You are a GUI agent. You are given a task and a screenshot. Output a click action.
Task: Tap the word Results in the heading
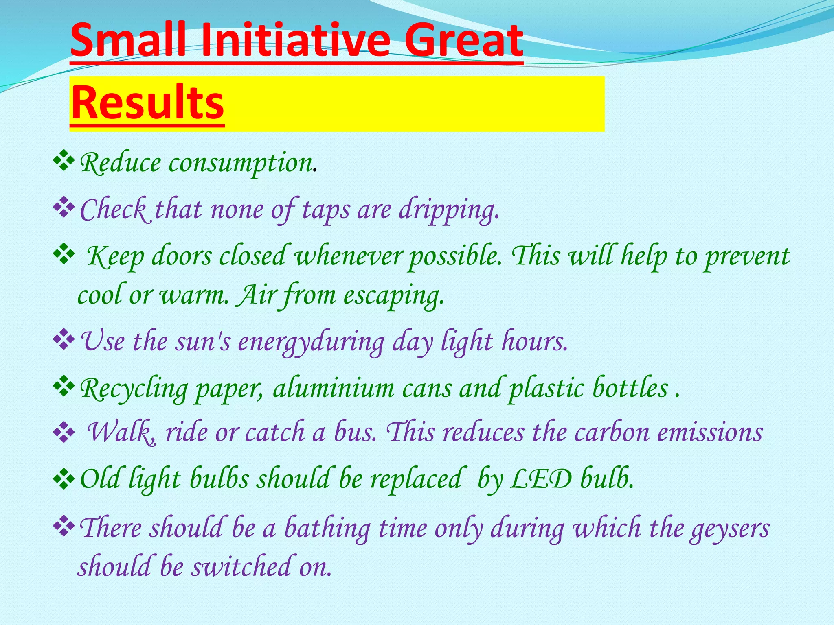147,103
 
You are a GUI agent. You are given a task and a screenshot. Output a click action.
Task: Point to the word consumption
240,164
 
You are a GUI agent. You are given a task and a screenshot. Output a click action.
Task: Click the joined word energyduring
311,342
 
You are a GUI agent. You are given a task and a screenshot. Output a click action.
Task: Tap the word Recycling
133,389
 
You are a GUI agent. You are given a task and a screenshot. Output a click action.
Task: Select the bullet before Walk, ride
64,433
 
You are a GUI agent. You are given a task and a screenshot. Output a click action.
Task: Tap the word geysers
729,529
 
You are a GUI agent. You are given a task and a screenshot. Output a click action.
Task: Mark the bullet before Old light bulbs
64,479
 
